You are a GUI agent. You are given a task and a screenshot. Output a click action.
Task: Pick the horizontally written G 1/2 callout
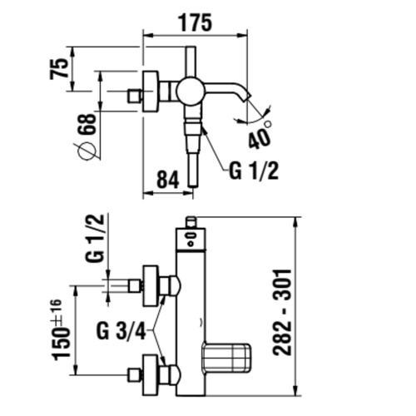[x=253, y=172]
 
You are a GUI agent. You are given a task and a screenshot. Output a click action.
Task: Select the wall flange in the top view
[x=151, y=91]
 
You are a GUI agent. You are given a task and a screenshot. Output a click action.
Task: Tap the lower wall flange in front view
[x=151, y=374]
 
